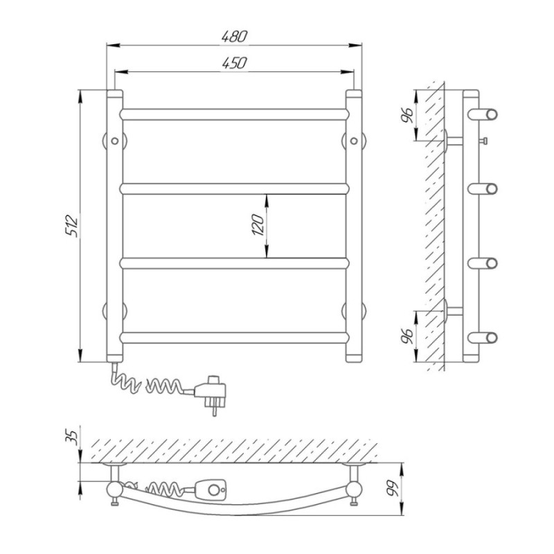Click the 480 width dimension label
coord(234,37)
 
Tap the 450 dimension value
coord(234,63)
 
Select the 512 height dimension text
coord(72,225)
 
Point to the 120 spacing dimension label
coord(258,225)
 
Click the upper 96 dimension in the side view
coord(407,115)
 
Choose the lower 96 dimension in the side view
coord(407,337)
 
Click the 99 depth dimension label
coord(392,488)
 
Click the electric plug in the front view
coord(210,393)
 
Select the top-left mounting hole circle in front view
coord(114,141)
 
